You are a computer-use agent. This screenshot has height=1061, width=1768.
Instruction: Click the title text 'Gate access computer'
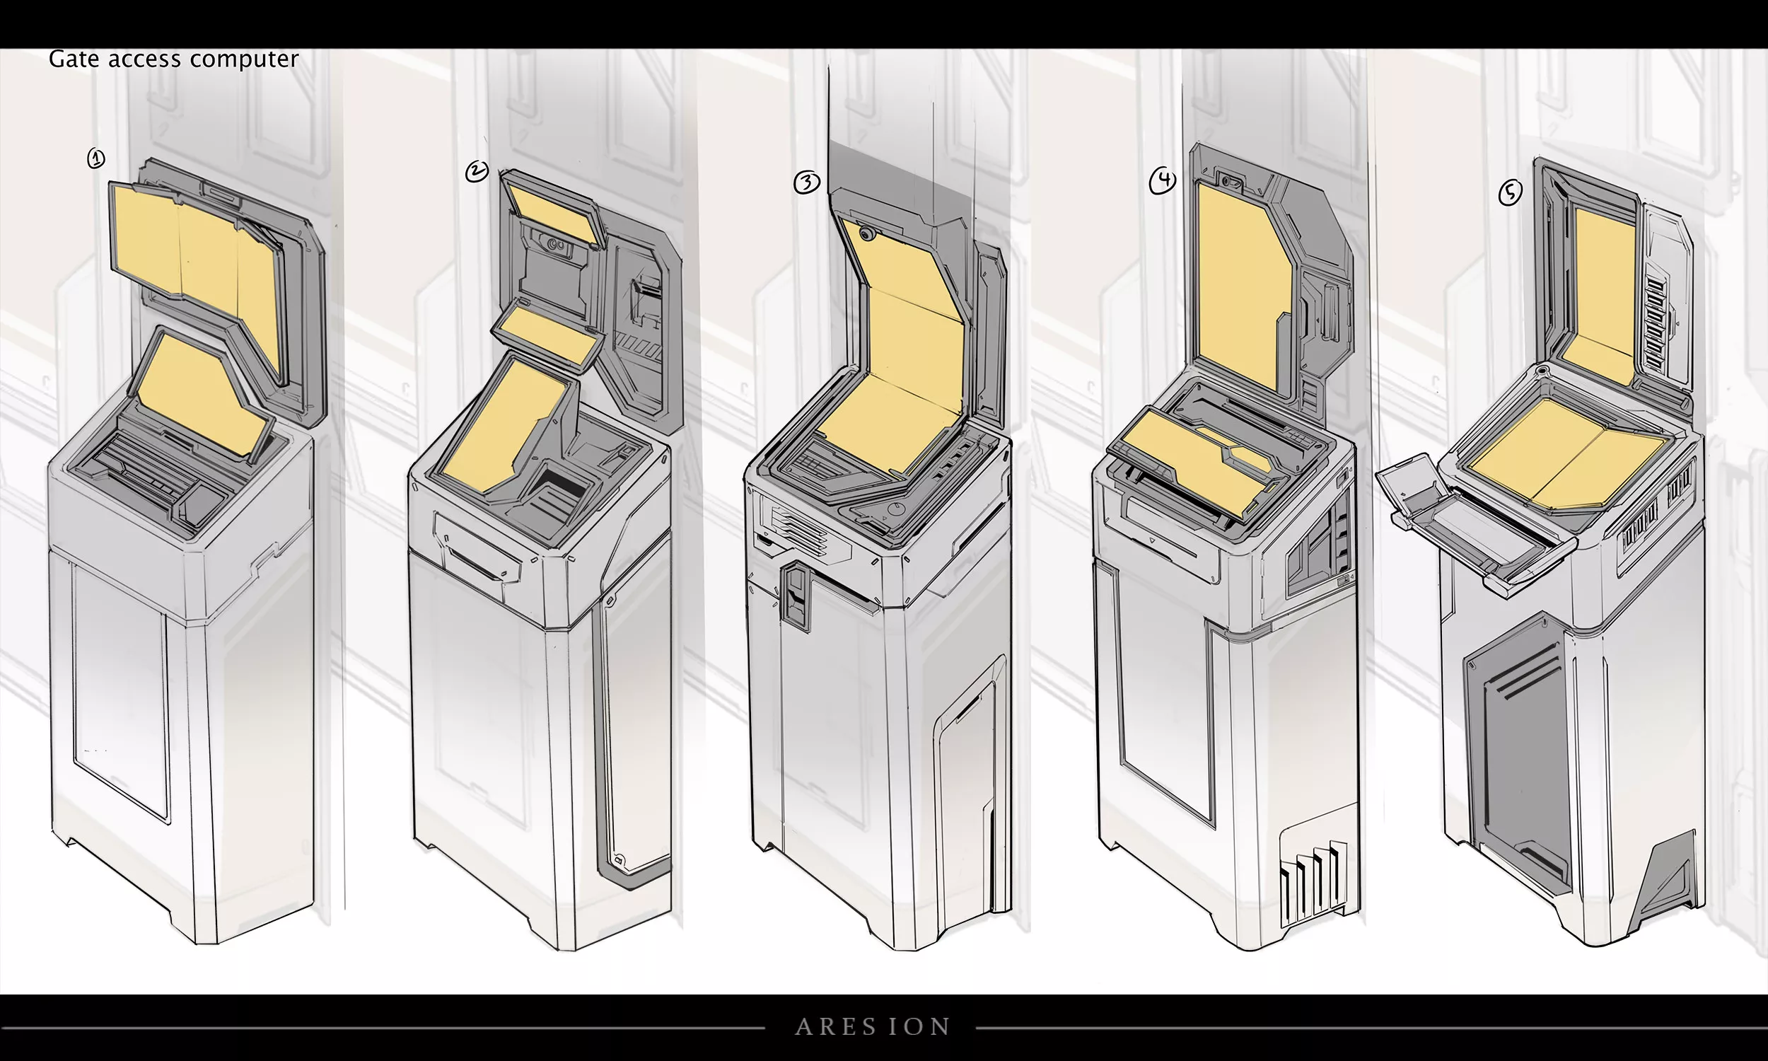(174, 59)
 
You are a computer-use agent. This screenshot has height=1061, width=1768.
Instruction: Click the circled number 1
(95, 158)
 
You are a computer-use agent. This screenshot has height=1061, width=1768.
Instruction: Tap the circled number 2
(477, 172)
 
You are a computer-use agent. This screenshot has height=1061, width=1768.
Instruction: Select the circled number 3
(807, 183)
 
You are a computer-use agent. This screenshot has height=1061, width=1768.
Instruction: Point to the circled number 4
(1163, 181)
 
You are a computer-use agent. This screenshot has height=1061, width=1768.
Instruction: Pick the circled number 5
(1510, 192)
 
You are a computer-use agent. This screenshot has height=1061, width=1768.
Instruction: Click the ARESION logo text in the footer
(873, 1026)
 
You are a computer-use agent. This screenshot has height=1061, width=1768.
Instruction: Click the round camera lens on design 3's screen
(868, 234)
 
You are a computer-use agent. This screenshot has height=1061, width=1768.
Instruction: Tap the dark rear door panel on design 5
(1515, 750)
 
